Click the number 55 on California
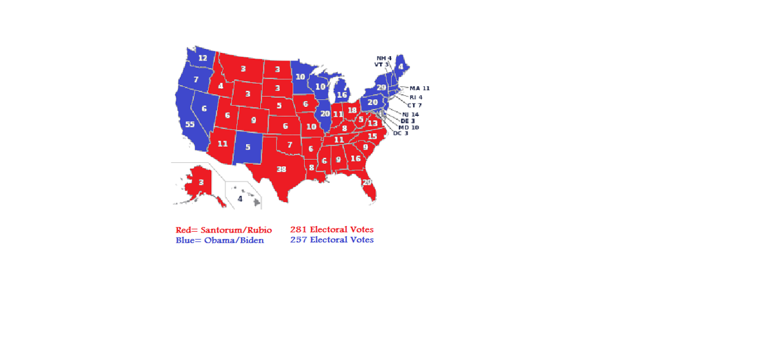[x=189, y=124]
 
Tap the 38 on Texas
[x=281, y=169]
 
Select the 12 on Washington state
[x=202, y=58]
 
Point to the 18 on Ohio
[x=352, y=110]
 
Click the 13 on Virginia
[x=372, y=124]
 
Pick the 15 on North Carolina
[x=372, y=137]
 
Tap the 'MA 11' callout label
[x=419, y=88]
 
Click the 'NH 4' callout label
[x=384, y=58]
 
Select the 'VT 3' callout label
[x=381, y=64]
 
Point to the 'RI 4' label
[x=416, y=97]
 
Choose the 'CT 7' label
[x=415, y=105]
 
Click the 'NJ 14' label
[x=410, y=114]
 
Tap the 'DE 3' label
[x=408, y=121]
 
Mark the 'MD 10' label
[x=408, y=128]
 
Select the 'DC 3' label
[x=401, y=133]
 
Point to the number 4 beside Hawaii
[x=240, y=199]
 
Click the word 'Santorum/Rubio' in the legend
[x=236, y=230]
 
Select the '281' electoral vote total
[x=298, y=229]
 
